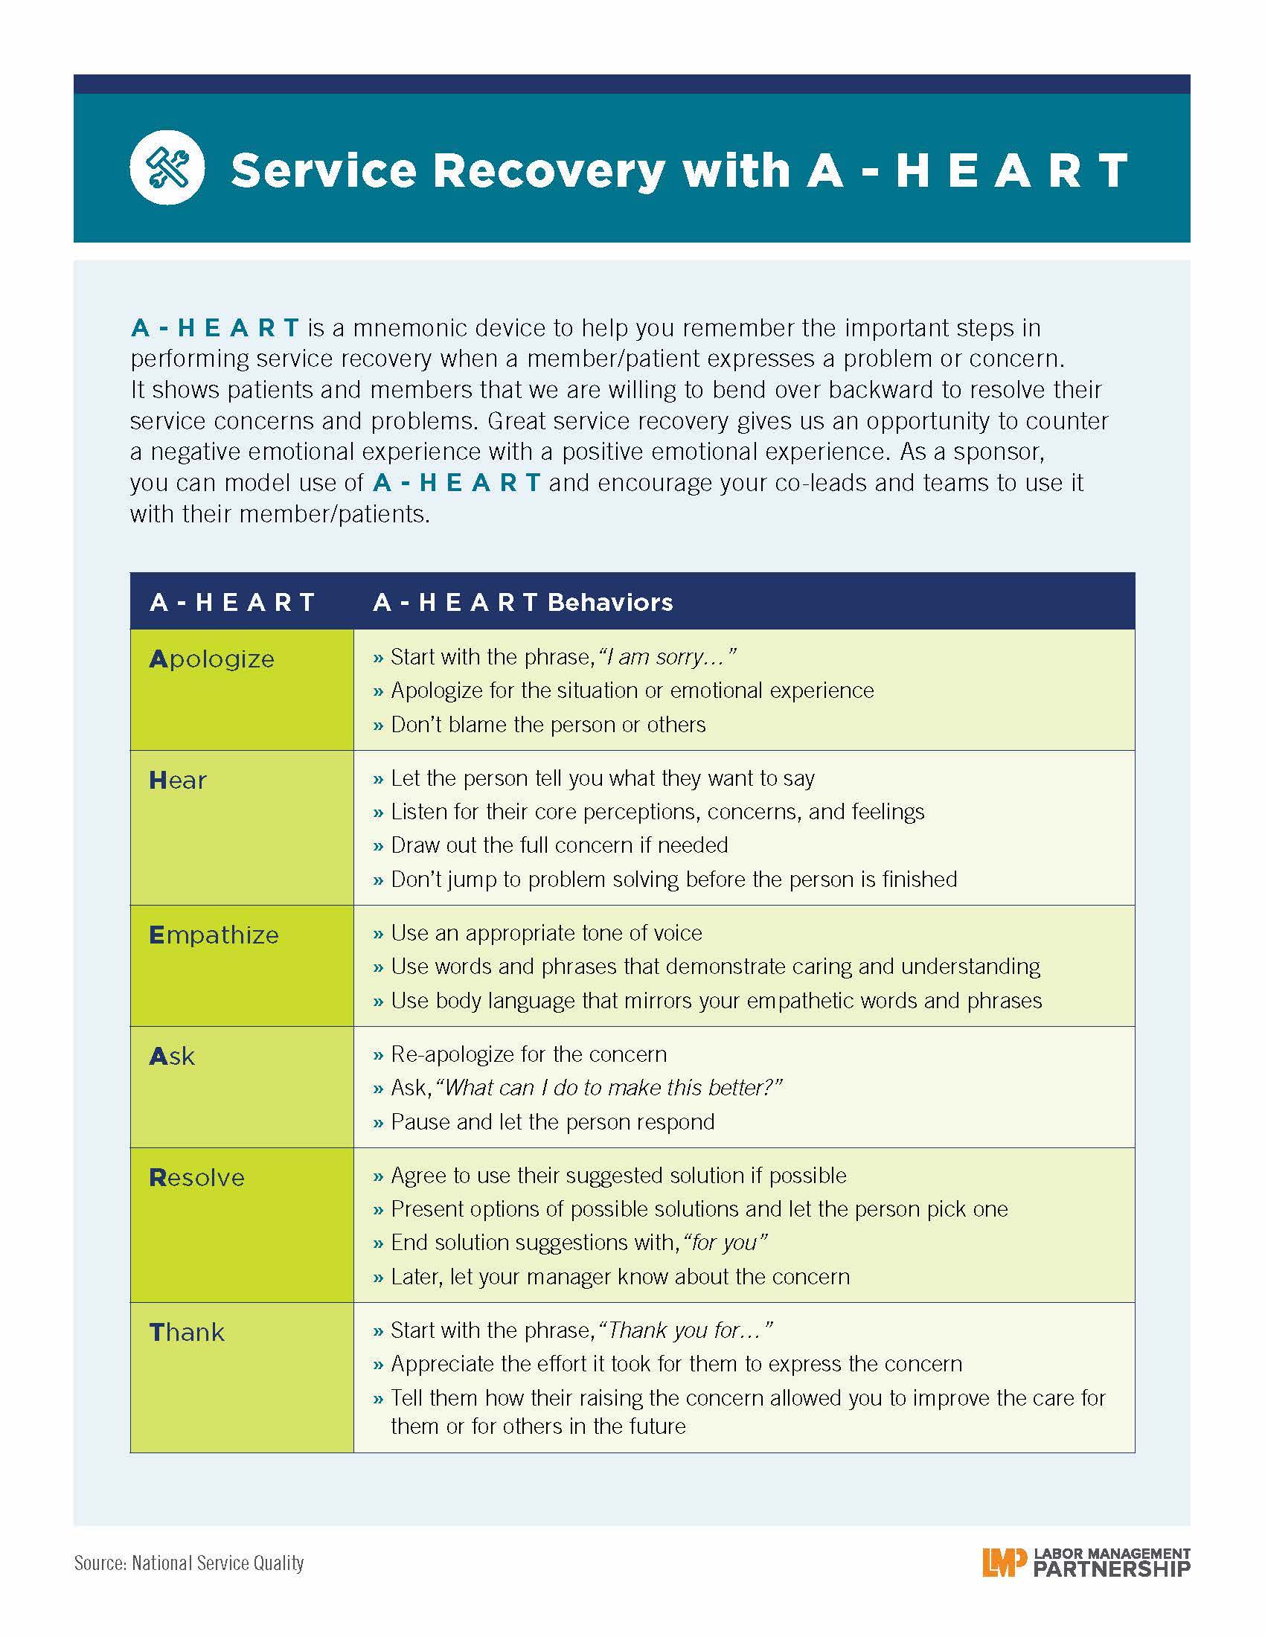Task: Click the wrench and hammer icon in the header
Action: coord(167,167)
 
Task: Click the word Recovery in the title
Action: coord(548,170)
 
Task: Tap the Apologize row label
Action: coord(212,659)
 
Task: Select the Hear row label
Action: coord(178,781)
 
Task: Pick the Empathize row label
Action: coord(214,935)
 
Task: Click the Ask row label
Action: coord(173,1056)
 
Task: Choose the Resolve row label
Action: coord(197,1178)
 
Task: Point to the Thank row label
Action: coord(188,1332)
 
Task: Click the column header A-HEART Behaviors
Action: coord(523,602)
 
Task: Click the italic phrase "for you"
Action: coord(726,1242)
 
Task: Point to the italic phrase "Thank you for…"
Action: coord(686,1330)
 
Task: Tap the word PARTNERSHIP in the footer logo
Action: coord(1112,1569)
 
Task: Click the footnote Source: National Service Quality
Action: coord(189,1563)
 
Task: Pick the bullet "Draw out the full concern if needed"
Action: coord(559,845)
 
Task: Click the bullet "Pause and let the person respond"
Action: coord(552,1121)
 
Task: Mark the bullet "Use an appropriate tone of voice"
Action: coord(546,932)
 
